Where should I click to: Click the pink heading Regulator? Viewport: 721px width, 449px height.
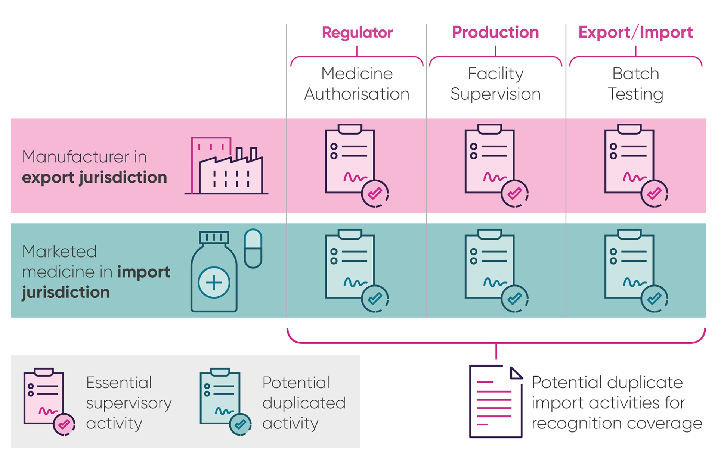tap(357, 33)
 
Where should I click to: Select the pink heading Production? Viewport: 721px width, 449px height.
tap(495, 33)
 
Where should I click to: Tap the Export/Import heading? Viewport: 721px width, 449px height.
tap(635, 33)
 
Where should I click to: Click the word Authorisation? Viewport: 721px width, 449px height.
tap(357, 94)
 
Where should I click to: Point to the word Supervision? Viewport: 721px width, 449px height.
tap(495, 94)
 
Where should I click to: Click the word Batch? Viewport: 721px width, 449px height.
tap(635, 74)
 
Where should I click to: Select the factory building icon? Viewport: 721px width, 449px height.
tap(226, 166)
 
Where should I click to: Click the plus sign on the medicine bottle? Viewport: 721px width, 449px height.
tap(214, 283)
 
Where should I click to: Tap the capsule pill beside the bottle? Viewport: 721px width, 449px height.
tap(253, 248)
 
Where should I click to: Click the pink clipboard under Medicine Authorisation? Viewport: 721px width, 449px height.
tap(350, 160)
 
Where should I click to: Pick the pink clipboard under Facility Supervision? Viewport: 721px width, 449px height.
tap(489, 160)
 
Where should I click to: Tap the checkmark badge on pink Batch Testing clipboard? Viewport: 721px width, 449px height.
tap(654, 193)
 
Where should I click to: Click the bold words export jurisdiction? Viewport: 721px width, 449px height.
tap(94, 177)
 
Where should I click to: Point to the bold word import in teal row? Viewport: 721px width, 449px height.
tap(143, 272)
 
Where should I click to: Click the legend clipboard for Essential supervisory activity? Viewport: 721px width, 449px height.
tap(44, 397)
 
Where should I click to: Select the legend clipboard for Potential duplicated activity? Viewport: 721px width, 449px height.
tap(220, 397)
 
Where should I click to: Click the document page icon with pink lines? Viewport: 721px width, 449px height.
tap(495, 401)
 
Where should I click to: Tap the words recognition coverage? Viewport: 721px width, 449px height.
tap(616, 424)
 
